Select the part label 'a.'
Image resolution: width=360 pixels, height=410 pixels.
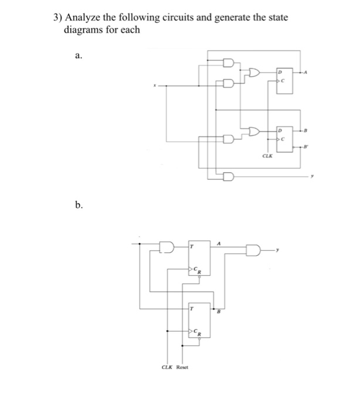coord(79,56)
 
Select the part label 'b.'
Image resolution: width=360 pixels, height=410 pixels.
coord(79,205)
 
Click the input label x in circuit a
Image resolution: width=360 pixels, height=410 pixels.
coord(155,86)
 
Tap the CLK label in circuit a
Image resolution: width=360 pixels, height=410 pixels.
coord(267,157)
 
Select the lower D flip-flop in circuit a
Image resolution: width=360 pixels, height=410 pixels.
coord(284,135)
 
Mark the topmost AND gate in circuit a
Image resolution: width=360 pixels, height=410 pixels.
coord(228,61)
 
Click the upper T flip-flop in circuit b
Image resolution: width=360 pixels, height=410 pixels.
coord(195,258)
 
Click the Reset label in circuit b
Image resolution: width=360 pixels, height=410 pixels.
coord(182,367)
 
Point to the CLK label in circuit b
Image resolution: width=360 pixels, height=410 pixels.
coord(168,367)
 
